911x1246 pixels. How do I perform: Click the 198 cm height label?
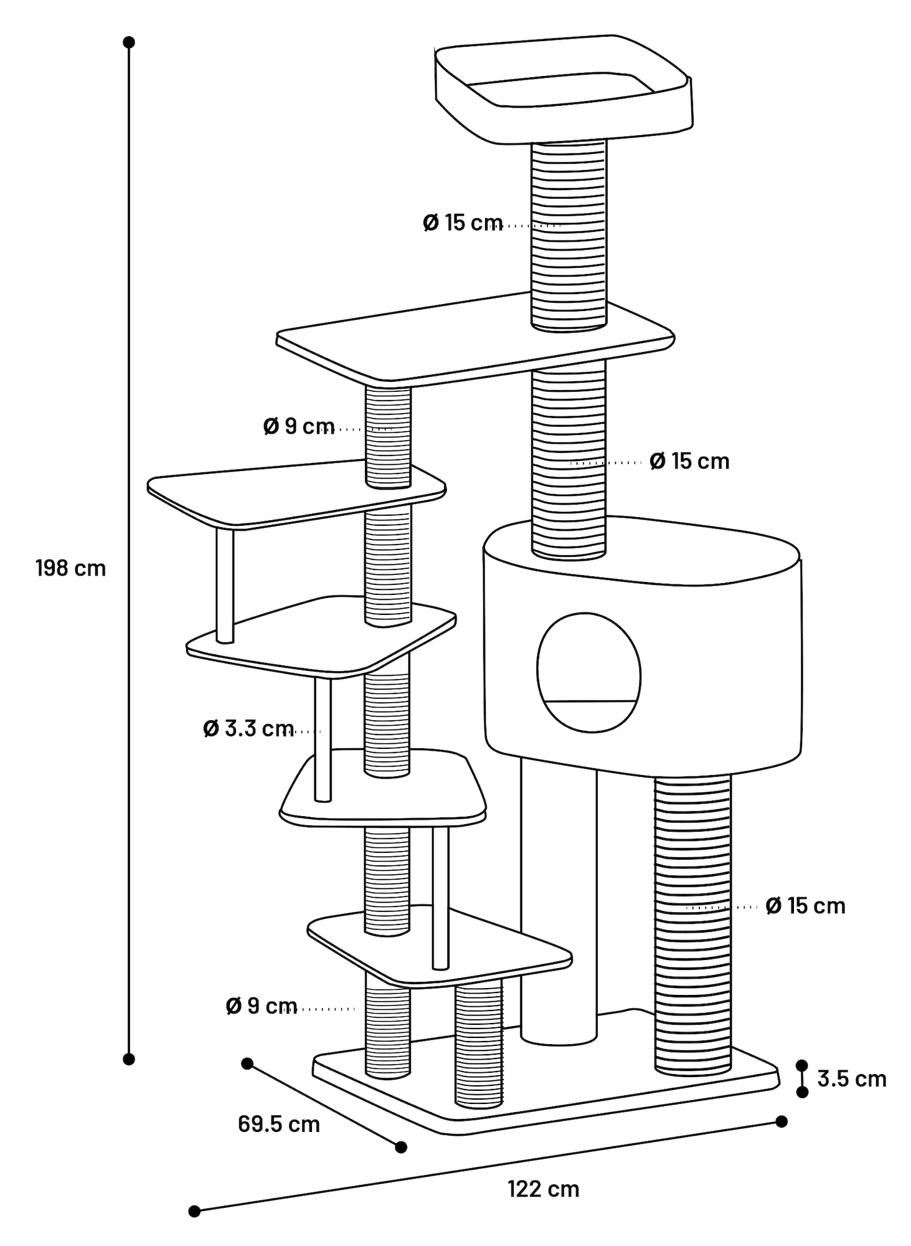(x=71, y=568)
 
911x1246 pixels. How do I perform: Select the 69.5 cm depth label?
(x=279, y=1124)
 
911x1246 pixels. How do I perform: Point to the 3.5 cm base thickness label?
(x=852, y=1078)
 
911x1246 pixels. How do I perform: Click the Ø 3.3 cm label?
(x=248, y=728)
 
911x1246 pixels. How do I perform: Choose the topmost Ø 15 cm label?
(x=463, y=222)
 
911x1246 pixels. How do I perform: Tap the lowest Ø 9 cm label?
(x=262, y=1005)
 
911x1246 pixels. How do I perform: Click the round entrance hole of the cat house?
(x=588, y=672)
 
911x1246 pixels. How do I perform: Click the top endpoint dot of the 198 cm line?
(x=129, y=42)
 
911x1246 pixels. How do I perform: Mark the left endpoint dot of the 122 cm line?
(x=194, y=1211)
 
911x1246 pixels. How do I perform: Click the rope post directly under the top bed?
(x=568, y=235)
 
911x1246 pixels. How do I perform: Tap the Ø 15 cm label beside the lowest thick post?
(x=806, y=905)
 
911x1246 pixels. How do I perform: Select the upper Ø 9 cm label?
(x=299, y=426)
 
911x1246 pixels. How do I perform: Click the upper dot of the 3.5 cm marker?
(x=802, y=1065)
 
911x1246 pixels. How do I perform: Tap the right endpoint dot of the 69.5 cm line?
(x=401, y=1147)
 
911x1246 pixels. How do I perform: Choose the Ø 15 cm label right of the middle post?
(x=689, y=461)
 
